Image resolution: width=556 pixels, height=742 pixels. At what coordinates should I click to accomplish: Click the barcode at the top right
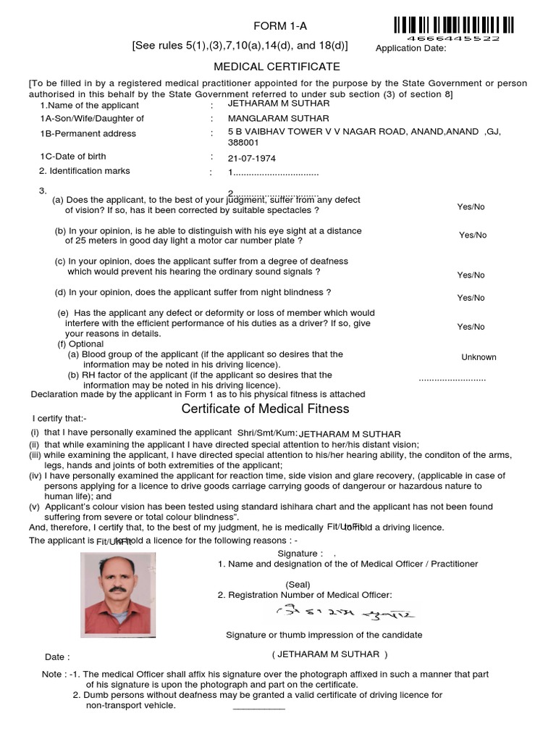[454, 24]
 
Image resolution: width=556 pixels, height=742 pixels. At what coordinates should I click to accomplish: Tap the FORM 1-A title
[280, 26]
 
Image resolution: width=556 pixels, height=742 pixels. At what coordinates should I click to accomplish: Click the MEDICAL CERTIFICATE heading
[277, 67]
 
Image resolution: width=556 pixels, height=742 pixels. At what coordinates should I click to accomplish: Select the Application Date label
[411, 49]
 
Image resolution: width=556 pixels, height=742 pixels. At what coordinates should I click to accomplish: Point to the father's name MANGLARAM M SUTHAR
[279, 118]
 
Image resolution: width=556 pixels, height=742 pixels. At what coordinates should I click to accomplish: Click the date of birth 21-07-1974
[252, 158]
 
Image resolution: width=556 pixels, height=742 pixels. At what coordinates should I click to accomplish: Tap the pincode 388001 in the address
[244, 143]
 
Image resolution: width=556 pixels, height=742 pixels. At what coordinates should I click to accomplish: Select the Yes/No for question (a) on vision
[471, 207]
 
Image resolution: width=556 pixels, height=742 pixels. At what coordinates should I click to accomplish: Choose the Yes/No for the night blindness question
[471, 298]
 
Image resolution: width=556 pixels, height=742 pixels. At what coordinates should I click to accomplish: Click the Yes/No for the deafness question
[471, 275]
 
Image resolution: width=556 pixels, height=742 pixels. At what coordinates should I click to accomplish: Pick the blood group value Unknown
[479, 357]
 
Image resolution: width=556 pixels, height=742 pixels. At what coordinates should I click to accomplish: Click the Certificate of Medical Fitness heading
[265, 409]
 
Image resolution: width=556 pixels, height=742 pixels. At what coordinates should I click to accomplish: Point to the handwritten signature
[344, 614]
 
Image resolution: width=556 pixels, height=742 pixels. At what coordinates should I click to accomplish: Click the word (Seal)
[298, 584]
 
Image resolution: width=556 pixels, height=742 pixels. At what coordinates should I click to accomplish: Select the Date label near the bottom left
[57, 657]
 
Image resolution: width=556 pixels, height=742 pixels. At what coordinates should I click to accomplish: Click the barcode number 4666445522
[453, 38]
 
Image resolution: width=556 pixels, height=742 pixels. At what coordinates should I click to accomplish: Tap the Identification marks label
[85, 171]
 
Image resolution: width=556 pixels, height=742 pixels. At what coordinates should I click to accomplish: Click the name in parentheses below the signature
[329, 654]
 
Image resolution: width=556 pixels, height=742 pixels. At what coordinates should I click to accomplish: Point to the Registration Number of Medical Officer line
[305, 595]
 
